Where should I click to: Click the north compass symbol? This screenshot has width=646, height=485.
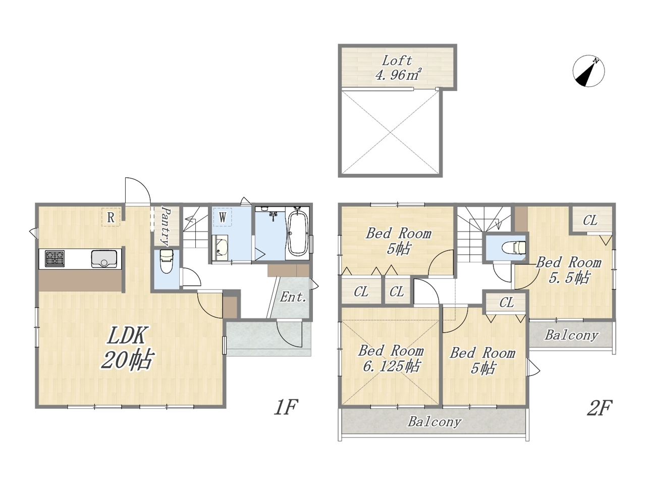(x=588, y=71)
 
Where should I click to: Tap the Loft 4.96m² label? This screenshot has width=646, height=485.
(x=397, y=68)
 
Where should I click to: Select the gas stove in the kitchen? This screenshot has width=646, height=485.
(x=55, y=258)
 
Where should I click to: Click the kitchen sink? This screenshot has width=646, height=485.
(x=104, y=259)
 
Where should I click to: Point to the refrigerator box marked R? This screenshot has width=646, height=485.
(x=111, y=217)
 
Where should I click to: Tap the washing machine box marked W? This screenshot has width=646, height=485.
(x=223, y=217)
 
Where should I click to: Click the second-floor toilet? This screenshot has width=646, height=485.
(x=513, y=248)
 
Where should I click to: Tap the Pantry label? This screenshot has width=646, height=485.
(x=166, y=226)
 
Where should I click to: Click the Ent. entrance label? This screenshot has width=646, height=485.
(x=293, y=297)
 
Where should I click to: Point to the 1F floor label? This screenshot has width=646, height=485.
(x=286, y=407)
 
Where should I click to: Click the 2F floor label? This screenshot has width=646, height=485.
(x=600, y=408)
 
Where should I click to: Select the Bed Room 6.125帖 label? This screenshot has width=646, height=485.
(x=391, y=358)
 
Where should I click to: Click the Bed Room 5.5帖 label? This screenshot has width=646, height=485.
(x=569, y=270)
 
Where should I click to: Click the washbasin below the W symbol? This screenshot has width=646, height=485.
(x=220, y=248)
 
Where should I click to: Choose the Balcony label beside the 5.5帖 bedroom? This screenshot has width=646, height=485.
(x=571, y=335)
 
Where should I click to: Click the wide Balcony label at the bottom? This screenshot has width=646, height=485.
(x=435, y=422)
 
